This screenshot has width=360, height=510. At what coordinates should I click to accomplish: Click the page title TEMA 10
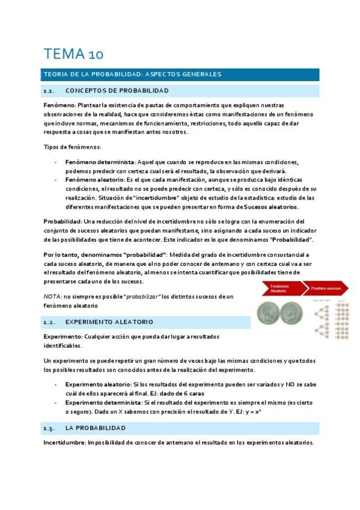73,54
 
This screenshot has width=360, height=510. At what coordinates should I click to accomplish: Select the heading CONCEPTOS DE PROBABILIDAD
117,91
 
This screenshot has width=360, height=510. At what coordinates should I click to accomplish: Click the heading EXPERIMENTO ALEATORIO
109,322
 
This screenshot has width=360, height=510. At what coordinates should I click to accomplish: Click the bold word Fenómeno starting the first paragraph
59,105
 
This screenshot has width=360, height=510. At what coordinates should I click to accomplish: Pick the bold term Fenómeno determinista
100,162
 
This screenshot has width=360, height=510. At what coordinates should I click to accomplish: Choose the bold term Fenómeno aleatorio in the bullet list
94,180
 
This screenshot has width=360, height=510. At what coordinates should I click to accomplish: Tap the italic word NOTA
53,296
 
